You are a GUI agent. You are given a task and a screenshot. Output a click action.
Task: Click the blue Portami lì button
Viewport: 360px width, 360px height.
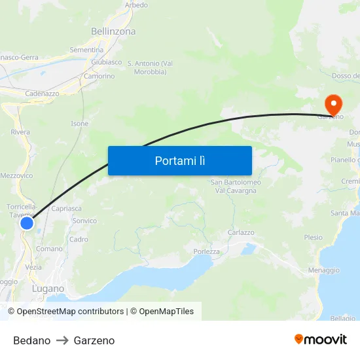coord(179,160)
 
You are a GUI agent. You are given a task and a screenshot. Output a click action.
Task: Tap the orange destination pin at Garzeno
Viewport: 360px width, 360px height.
coord(333,104)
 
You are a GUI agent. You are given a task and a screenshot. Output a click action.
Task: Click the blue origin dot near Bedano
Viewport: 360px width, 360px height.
coord(27,224)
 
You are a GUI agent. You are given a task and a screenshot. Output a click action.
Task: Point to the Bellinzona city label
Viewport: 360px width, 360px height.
coord(113,31)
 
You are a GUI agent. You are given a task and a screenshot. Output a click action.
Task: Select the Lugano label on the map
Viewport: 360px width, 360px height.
coord(48,288)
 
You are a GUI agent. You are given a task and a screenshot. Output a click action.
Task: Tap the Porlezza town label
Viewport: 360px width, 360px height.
coord(207,251)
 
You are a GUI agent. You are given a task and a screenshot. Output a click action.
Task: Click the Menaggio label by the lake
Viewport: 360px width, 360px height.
coord(323,270)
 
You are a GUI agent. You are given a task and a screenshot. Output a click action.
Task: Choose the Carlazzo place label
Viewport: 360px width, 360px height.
coord(241,232)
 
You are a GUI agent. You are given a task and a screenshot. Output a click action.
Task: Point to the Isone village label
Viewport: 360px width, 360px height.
coord(79,124)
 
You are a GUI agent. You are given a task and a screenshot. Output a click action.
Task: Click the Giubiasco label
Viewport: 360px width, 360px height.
coord(107,62)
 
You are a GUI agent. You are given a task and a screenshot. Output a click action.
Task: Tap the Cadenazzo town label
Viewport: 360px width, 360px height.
coord(42,94)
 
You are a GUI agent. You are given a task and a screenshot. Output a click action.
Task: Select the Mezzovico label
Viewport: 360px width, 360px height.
coord(16,175)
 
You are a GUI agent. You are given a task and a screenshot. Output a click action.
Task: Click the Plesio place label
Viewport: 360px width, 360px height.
coord(314,238)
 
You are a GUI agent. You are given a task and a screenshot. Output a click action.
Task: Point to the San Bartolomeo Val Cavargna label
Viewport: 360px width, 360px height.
coord(236,186)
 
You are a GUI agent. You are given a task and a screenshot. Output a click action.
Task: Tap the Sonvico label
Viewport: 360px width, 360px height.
coord(84,221)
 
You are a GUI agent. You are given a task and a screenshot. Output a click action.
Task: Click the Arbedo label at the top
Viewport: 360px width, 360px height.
coord(136,5)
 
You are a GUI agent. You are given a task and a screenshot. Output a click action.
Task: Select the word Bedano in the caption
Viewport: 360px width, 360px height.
coord(31,340)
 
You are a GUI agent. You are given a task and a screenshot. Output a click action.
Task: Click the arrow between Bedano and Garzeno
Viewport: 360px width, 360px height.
coord(62,340)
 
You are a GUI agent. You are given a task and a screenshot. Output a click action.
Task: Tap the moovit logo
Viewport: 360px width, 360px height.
coord(321,339)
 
